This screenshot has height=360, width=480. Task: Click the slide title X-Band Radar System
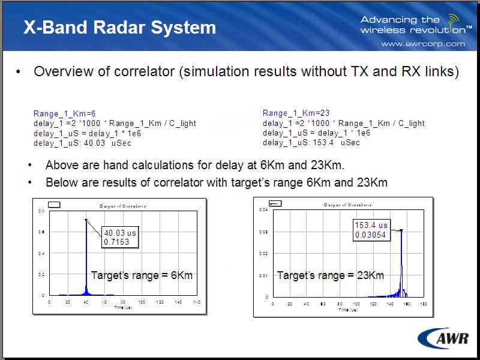click(119, 27)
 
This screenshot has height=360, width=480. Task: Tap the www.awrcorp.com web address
click(423, 44)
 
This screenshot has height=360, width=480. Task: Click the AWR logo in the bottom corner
click(443, 339)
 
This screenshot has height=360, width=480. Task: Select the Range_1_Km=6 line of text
click(64, 113)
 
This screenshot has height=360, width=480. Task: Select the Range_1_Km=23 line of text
click(296, 113)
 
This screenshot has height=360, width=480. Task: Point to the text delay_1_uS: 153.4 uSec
click(311, 142)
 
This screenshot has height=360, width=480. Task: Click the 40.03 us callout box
click(121, 238)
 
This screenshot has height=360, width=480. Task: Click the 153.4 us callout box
click(371, 230)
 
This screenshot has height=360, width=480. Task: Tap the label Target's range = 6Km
click(142, 275)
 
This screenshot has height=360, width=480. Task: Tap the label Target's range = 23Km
click(331, 275)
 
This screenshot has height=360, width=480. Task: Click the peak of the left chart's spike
click(86, 220)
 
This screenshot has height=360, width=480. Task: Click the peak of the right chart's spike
click(401, 230)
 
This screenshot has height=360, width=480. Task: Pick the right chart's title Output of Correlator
click(347, 205)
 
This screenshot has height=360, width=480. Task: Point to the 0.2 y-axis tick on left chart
click(41, 274)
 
